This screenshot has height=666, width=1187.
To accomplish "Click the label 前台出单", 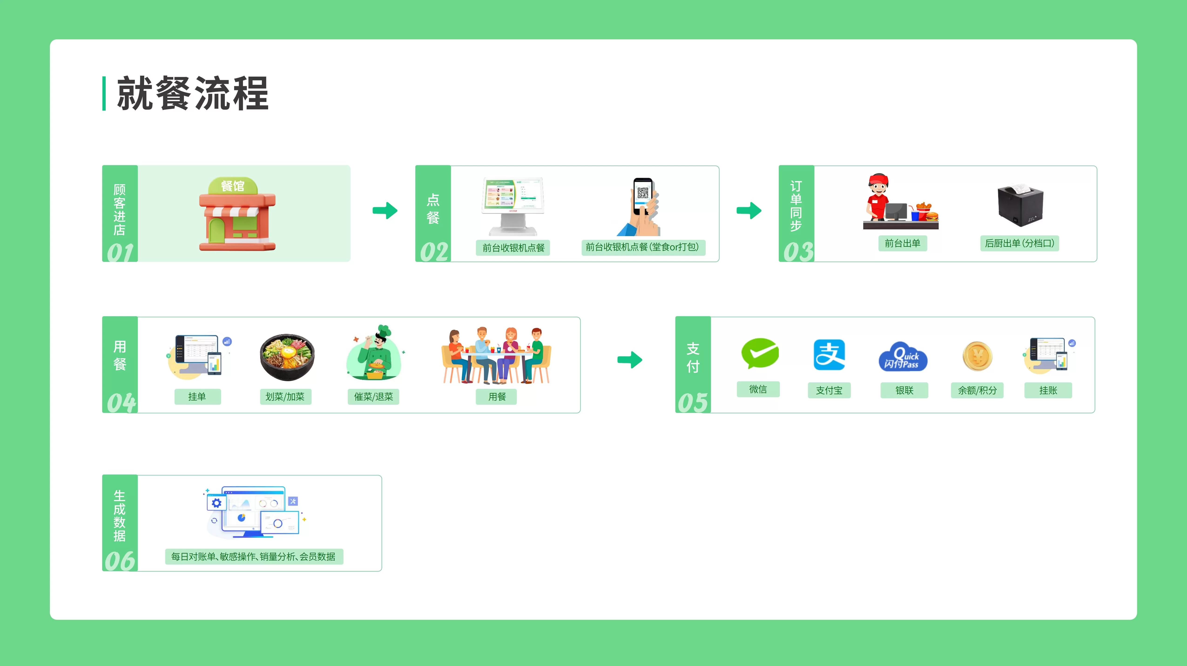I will [x=902, y=243].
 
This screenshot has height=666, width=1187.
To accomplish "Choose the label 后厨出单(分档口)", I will [x=1019, y=243].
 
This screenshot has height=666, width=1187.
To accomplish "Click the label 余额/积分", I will [x=977, y=390].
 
